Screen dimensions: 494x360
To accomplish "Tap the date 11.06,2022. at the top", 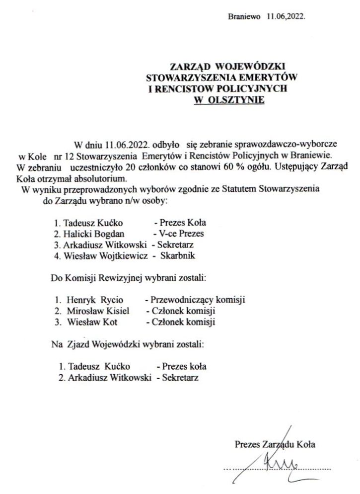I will (286, 16).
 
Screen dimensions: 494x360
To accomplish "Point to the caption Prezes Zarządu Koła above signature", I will (275, 445).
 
